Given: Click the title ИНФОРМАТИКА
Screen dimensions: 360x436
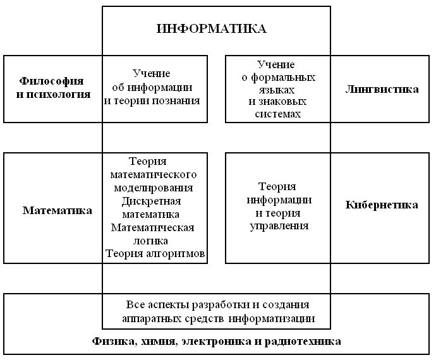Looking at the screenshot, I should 212,28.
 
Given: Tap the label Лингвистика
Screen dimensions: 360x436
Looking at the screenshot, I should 382,89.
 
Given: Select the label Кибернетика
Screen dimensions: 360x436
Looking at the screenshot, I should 382,205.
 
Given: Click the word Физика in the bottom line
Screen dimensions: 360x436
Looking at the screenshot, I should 112,342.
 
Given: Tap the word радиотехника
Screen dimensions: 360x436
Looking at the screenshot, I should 308,342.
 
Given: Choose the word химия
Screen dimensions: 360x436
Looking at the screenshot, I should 157,342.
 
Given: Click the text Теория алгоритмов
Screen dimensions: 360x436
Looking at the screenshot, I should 155,254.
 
